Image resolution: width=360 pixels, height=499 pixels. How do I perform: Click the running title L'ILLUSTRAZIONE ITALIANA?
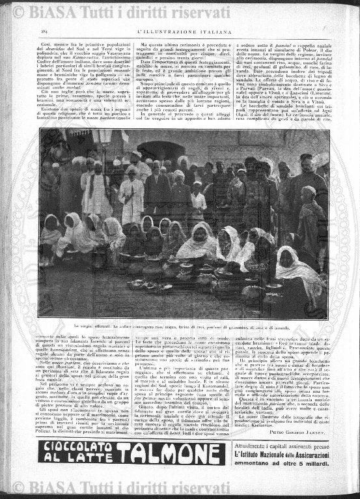point(179,30)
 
